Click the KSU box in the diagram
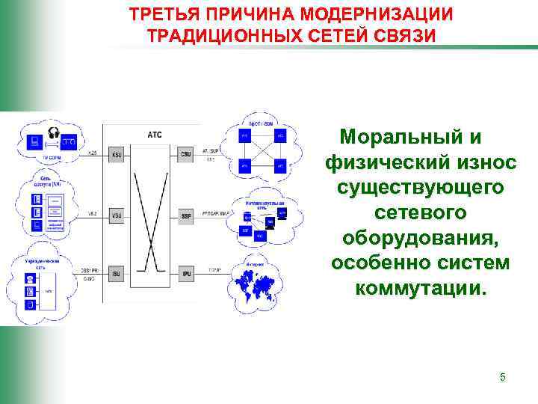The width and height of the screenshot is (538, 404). click(x=117, y=155)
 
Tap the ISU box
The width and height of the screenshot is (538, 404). click(x=117, y=275)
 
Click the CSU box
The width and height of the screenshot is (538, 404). click(x=186, y=155)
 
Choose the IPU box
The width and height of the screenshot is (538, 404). click(x=186, y=275)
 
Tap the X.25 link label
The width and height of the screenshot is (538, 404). click(x=93, y=153)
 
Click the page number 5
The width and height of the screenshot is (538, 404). click(x=503, y=377)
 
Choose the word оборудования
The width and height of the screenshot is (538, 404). click(x=420, y=239)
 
